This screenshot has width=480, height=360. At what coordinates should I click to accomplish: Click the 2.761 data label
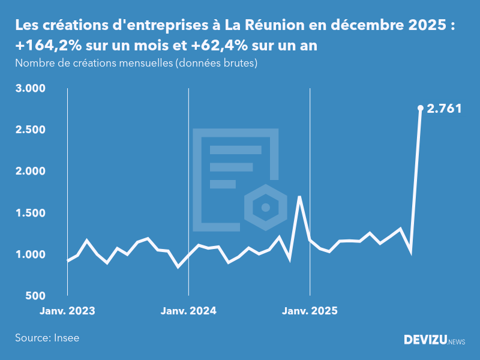click(445, 109)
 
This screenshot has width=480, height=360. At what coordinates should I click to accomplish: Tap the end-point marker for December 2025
click(421, 108)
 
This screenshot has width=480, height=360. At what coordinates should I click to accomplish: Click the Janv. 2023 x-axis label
click(67, 311)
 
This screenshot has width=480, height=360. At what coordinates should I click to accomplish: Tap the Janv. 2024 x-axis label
click(188, 311)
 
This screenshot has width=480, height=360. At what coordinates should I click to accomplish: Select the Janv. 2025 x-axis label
click(310, 311)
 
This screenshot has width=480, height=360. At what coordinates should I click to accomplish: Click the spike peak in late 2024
click(299, 197)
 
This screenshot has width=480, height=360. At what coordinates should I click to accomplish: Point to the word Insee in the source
click(67, 338)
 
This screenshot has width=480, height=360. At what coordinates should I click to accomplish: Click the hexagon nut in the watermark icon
click(263, 208)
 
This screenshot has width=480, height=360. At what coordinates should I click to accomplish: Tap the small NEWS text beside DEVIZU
click(457, 342)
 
